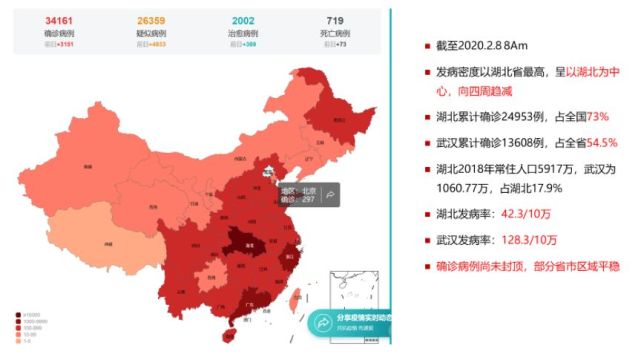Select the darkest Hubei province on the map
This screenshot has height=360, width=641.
239,240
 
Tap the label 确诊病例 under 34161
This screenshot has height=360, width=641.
50,33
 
